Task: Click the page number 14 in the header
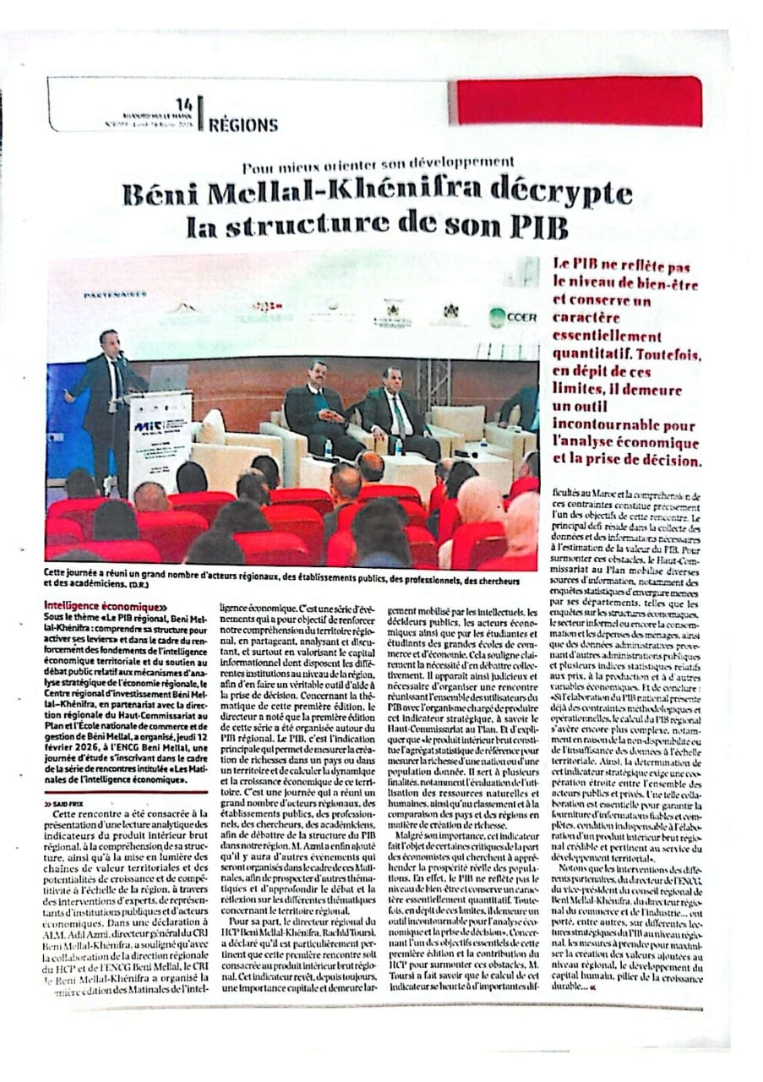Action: [x=183, y=104]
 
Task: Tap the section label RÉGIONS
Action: [x=243, y=125]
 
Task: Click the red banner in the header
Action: [x=578, y=101]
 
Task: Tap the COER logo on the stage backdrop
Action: [x=512, y=318]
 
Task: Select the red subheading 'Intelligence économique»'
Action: [x=102, y=605]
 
